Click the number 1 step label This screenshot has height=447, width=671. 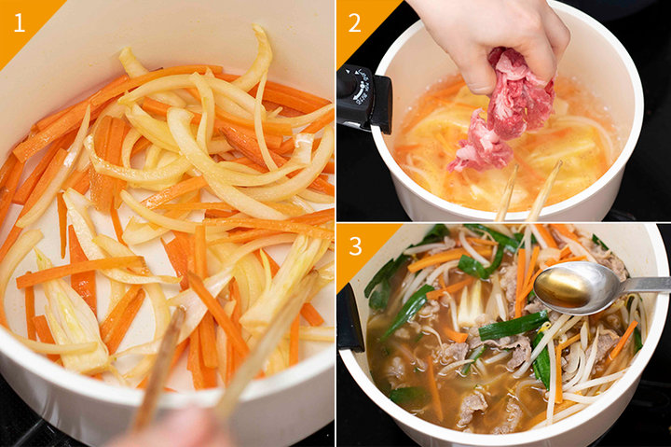click(x=20, y=23)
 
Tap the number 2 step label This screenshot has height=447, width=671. click(x=355, y=23)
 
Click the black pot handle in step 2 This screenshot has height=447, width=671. click(x=363, y=99)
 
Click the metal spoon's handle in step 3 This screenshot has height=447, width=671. click(x=645, y=285)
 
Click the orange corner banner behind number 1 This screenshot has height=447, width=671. click(x=23, y=23)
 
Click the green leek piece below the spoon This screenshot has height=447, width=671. click(x=514, y=327)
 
